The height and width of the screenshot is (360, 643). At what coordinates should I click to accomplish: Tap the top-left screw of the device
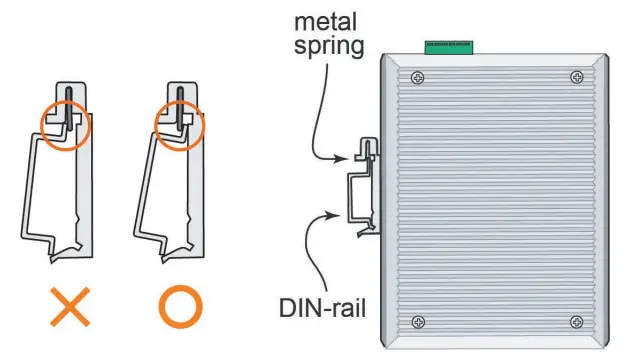pos(417,78)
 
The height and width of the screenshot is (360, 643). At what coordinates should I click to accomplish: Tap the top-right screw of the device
pos(576,78)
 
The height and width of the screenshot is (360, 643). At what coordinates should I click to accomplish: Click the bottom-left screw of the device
pos(417,322)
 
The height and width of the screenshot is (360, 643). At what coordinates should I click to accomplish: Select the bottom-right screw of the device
pos(576,322)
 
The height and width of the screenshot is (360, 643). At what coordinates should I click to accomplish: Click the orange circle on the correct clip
pos(180,127)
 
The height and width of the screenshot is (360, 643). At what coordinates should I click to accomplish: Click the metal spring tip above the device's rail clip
pos(366,150)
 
